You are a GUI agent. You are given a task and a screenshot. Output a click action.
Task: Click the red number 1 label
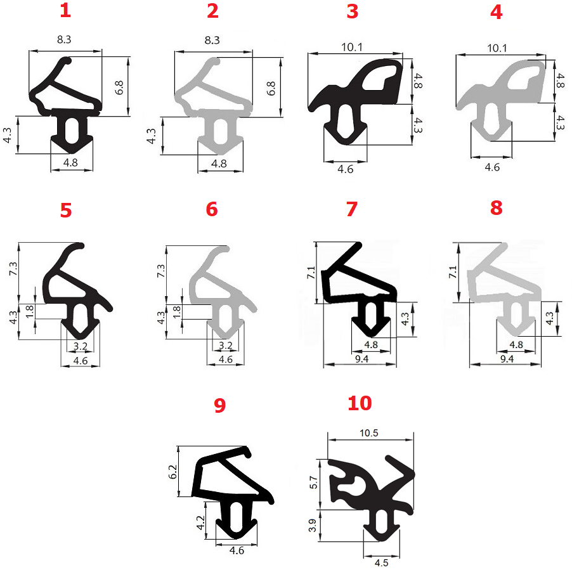[65, 10]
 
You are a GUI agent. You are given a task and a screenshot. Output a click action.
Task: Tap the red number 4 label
[496, 12]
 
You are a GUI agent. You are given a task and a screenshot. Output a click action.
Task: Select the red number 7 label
[352, 209]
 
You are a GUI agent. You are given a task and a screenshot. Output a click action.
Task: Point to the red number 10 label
[360, 403]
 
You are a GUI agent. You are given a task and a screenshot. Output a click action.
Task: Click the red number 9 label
[219, 405]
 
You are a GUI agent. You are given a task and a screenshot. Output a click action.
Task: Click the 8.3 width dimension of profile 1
[64, 39]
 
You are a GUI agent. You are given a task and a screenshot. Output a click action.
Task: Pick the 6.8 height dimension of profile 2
[271, 88]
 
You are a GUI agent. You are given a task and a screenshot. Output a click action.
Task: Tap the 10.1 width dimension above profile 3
[352, 47]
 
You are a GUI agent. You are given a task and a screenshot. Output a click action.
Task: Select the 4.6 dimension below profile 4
[492, 167]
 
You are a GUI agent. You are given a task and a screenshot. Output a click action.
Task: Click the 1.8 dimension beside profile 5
[30, 311]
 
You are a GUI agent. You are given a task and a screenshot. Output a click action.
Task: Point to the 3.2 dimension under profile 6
[226, 345]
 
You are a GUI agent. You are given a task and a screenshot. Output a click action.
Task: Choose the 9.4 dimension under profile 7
[362, 359]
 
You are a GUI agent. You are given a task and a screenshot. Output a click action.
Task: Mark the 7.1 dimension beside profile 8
[453, 272]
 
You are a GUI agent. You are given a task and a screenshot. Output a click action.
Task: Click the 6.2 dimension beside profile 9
[172, 472]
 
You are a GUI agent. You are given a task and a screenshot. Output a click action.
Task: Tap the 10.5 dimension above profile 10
[369, 432]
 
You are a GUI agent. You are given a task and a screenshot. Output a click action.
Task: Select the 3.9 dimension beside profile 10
[313, 525]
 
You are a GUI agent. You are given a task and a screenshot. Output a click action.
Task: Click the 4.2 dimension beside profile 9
[200, 522]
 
